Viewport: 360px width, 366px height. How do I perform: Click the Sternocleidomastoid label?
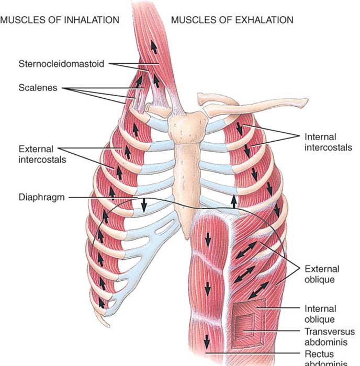(60, 64)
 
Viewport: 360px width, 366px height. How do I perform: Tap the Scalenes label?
(38, 88)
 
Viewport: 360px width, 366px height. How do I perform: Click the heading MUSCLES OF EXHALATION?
(232, 20)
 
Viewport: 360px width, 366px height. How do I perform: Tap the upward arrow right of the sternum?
(234, 201)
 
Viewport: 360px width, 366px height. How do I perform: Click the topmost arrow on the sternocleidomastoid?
(154, 47)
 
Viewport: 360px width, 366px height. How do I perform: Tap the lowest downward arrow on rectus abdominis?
(207, 342)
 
